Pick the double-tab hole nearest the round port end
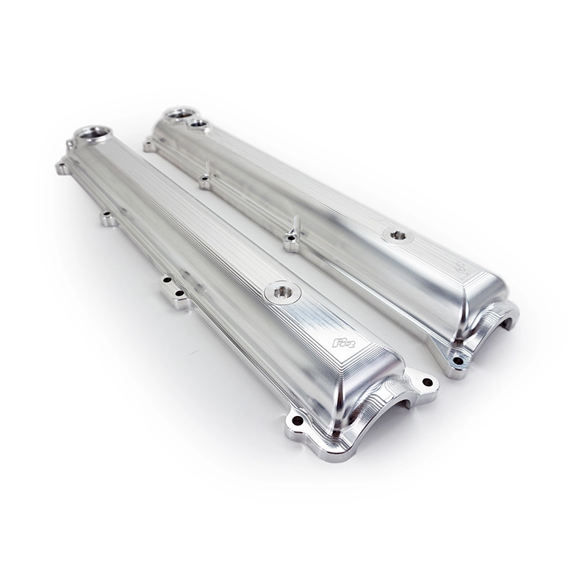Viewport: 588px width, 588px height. click(x=168, y=280)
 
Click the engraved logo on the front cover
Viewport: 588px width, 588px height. click(x=343, y=343)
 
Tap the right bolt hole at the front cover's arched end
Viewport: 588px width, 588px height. click(x=427, y=382)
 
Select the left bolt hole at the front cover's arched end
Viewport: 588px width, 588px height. click(x=297, y=420)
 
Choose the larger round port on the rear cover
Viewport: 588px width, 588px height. click(x=180, y=114)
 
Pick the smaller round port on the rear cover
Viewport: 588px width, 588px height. click(x=197, y=125)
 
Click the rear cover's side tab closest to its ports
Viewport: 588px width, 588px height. click(x=205, y=180)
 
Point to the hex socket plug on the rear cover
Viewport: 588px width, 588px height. click(x=398, y=236)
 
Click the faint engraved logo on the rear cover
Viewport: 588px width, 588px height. click(x=460, y=269)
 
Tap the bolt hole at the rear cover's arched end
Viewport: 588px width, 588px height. click(x=458, y=360)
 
